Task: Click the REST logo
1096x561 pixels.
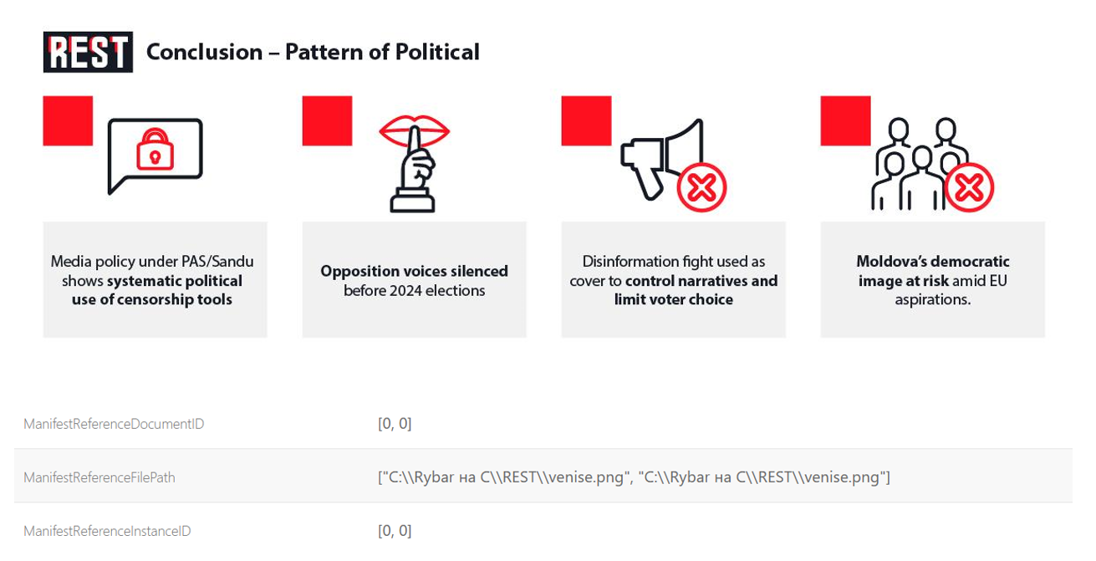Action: [88, 52]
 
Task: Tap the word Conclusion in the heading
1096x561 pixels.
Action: [205, 52]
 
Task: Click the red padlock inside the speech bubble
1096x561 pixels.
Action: [155, 150]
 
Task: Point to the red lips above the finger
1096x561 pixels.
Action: [414, 131]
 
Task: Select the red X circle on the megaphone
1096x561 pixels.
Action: [701, 187]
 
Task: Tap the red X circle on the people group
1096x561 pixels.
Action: [969, 187]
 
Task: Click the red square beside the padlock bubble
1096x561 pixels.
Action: [68, 121]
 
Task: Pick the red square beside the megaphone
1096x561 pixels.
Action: [586, 121]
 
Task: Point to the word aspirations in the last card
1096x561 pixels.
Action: [933, 299]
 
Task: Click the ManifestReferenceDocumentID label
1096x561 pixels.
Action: [114, 424]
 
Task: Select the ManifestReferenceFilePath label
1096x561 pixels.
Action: [99, 477]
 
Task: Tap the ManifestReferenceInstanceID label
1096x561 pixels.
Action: [107, 531]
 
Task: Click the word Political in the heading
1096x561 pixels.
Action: [437, 52]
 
